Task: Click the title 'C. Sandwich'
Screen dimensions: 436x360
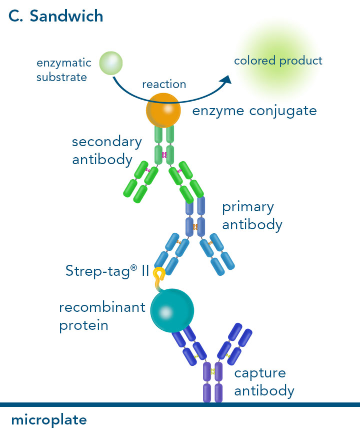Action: tap(56, 16)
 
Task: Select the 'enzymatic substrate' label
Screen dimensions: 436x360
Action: tap(63, 70)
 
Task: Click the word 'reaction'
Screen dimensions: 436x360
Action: tap(164, 84)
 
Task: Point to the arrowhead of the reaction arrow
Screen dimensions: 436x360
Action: tap(228, 79)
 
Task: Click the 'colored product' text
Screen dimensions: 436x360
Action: tap(278, 61)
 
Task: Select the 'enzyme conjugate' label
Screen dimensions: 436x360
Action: tap(254, 111)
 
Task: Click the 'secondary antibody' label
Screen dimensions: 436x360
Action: tap(106, 151)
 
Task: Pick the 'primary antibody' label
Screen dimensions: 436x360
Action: tap(252, 215)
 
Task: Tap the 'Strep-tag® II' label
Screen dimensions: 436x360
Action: tap(107, 271)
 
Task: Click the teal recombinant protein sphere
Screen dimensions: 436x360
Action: tap(171, 310)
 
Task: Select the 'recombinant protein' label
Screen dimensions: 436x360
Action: tap(101, 316)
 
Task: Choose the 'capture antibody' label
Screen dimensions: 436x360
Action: tap(264, 382)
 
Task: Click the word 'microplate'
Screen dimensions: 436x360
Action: tap(49, 419)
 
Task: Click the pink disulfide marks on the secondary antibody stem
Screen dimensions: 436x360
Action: tap(164, 155)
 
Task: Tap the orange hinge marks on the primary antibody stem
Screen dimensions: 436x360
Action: tap(195, 227)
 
